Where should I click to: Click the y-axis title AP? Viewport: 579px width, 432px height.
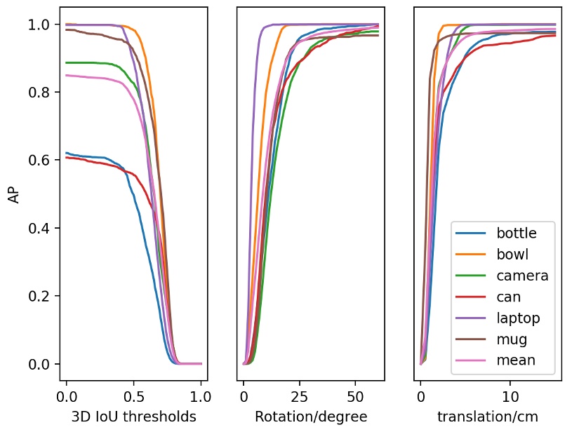click(14, 195)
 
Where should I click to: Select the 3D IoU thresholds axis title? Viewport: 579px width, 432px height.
click(133, 417)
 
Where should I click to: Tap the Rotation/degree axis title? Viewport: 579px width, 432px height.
click(311, 417)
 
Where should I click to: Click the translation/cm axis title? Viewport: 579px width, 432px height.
click(488, 417)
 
